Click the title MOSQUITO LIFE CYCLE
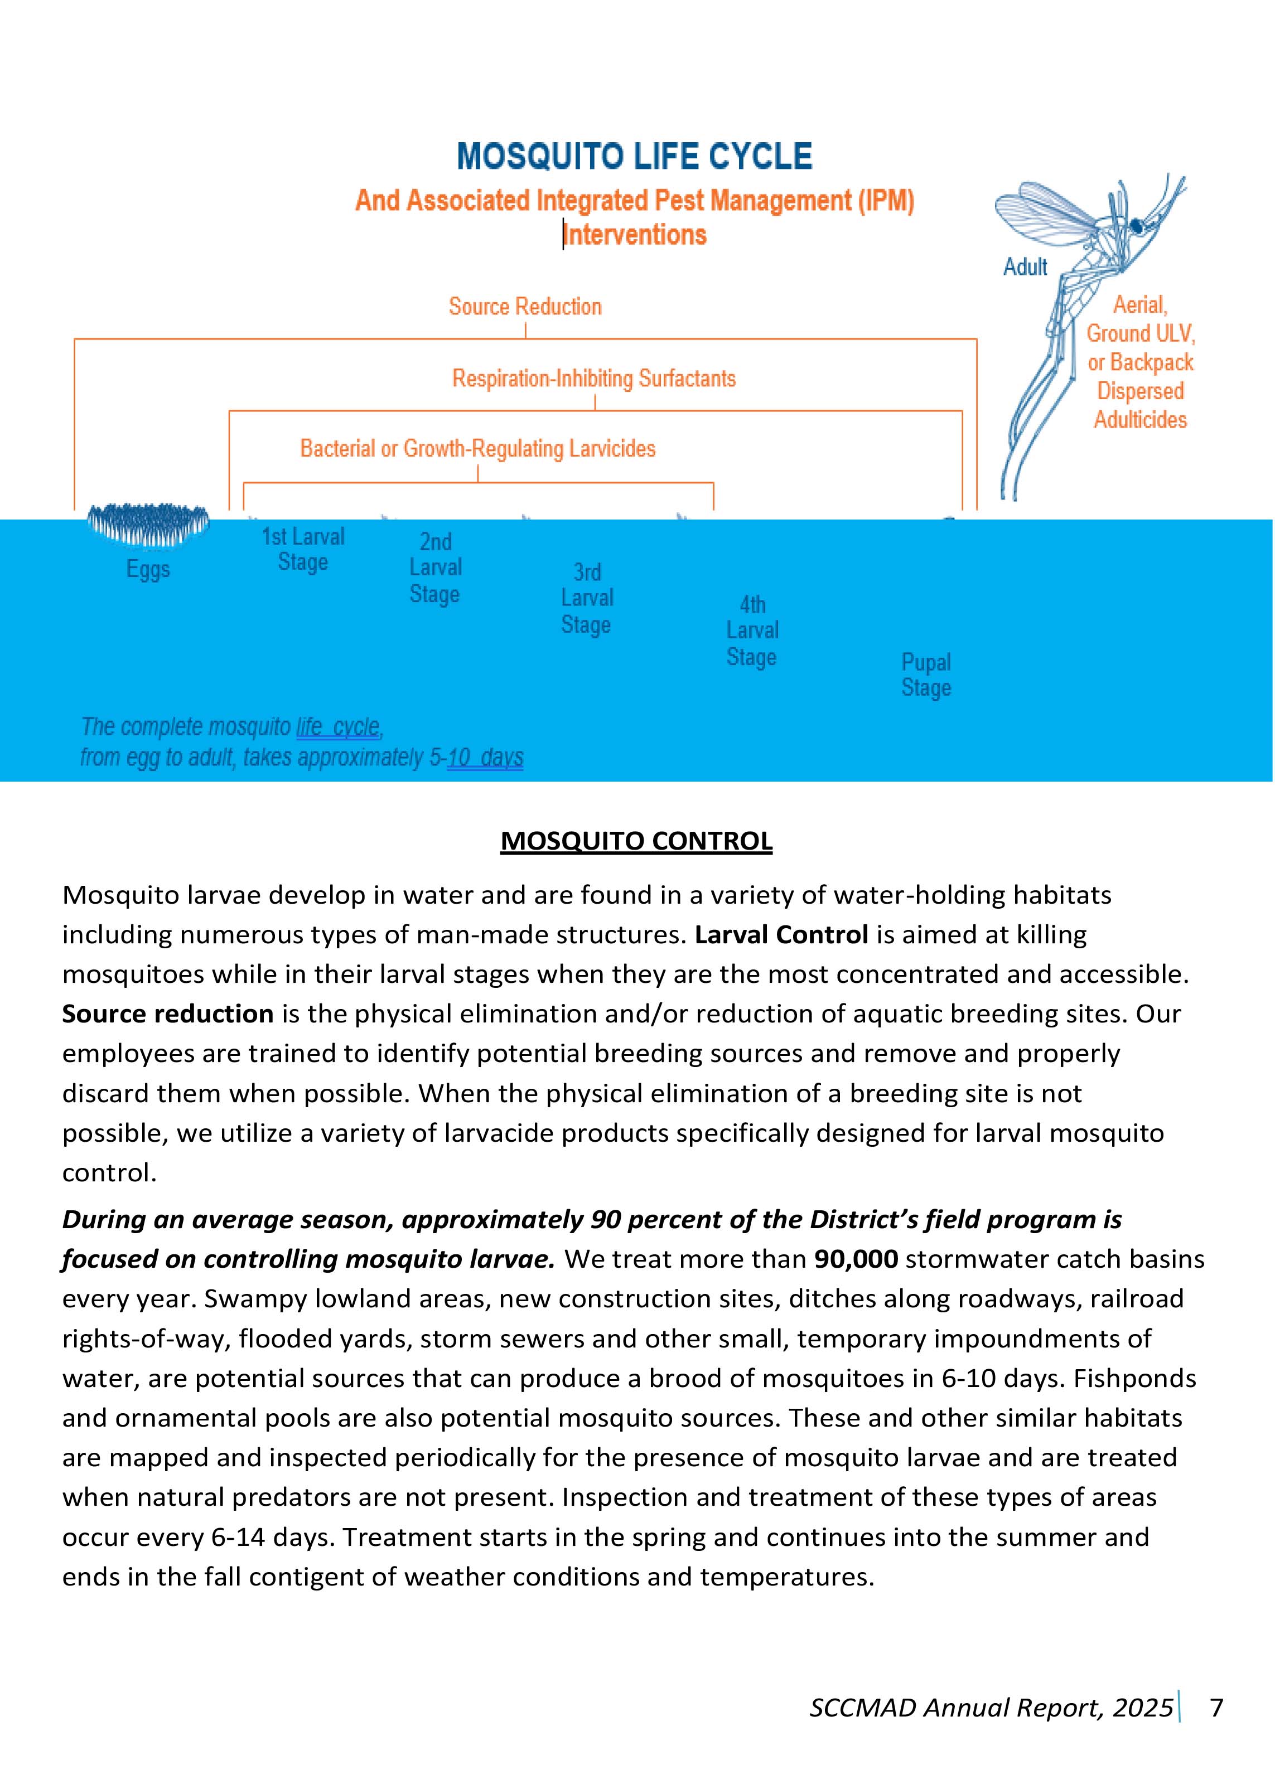[x=634, y=157]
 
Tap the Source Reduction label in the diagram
[x=525, y=307]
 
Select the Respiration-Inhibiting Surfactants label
[x=594, y=379]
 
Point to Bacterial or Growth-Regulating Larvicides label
[x=478, y=449]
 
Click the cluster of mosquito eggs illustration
[x=148, y=522]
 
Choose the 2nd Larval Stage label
[x=435, y=568]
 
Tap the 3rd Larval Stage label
[x=587, y=598]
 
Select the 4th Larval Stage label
[x=752, y=631]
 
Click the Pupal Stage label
[x=925, y=675]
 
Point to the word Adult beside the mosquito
[x=1025, y=268]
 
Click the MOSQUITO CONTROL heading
[x=636, y=841]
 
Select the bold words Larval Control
[x=781, y=935]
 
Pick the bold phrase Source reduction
[x=168, y=1014]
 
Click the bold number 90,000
[x=856, y=1259]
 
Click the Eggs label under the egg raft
[x=148, y=570]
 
